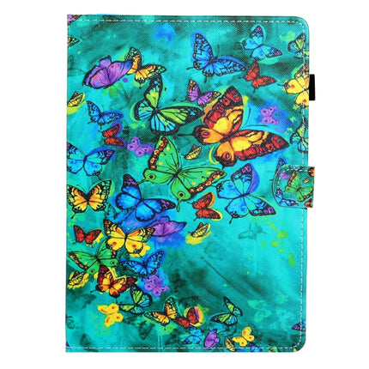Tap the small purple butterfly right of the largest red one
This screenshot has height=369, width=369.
tap(271, 117)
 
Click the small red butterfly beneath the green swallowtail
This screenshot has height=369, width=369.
tap(206, 206)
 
